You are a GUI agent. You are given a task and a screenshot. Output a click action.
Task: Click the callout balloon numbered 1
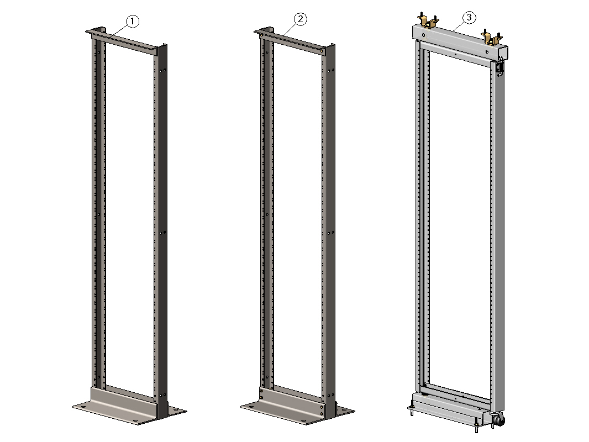[132, 22]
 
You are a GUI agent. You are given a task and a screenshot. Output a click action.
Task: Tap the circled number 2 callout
[300, 19]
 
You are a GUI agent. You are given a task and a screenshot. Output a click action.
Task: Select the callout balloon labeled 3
[469, 17]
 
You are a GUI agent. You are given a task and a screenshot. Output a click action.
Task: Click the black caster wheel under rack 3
[499, 420]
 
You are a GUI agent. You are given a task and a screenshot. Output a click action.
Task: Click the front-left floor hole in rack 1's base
[82, 407]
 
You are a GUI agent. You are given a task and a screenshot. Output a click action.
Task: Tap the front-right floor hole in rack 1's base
[135, 421]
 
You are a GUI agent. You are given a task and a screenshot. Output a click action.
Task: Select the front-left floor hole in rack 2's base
[250, 407]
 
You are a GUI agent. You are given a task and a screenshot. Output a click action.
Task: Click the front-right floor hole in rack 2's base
[303, 421]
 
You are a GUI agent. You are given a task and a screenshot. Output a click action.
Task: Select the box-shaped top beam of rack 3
[460, 41]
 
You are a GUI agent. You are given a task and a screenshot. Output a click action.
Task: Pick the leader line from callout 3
[459, 27]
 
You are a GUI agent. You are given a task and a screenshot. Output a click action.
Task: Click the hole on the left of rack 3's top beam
[424, 36]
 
